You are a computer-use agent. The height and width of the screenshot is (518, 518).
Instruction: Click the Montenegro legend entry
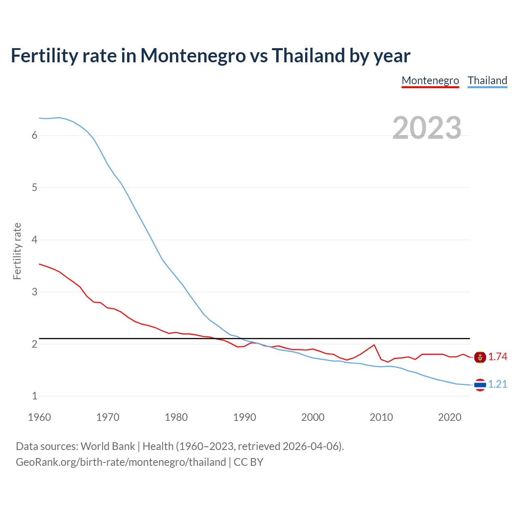tap(430, 81)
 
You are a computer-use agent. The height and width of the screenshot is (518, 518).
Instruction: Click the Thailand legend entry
tap(487, 81)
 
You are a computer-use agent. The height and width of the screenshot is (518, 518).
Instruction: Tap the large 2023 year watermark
tap(427, 128)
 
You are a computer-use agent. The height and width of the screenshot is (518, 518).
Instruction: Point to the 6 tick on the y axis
tap(34, 136)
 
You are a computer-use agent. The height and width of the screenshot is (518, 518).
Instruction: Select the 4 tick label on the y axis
tap(34, 240)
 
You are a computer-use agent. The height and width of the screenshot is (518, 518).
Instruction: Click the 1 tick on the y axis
tap(34, 396)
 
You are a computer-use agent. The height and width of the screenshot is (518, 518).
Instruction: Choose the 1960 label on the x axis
tap(39, 417)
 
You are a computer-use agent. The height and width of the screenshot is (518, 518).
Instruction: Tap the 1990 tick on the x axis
tap(244, 417)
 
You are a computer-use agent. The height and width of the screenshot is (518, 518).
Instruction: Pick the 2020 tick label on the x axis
tap(450, 417)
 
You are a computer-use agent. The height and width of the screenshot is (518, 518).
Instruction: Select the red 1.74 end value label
tap(497, 357)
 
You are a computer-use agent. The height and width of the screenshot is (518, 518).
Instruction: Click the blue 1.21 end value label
tap(497, 384)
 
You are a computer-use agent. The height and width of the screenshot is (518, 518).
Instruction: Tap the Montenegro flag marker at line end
tap(480, 357)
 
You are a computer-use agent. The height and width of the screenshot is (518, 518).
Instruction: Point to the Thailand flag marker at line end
tap(480, 385)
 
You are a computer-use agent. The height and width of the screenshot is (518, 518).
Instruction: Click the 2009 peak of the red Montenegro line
tap(374, 345)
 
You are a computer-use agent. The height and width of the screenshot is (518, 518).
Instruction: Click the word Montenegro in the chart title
tap(193, 56)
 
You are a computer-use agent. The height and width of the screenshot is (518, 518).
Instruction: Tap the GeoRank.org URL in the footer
tap(121, 462)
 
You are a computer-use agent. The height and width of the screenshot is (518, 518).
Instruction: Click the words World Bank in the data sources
tap(108, 446)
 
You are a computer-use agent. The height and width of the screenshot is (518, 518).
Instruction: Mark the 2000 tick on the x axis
tap(313, 417)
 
